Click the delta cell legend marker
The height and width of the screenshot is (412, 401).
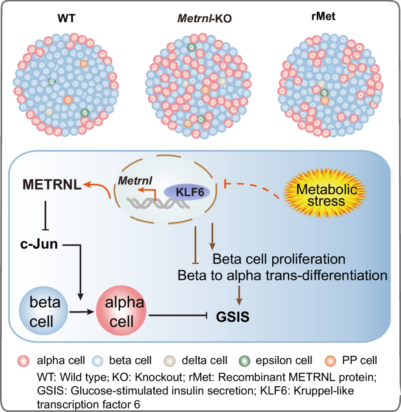click(176, 359)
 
